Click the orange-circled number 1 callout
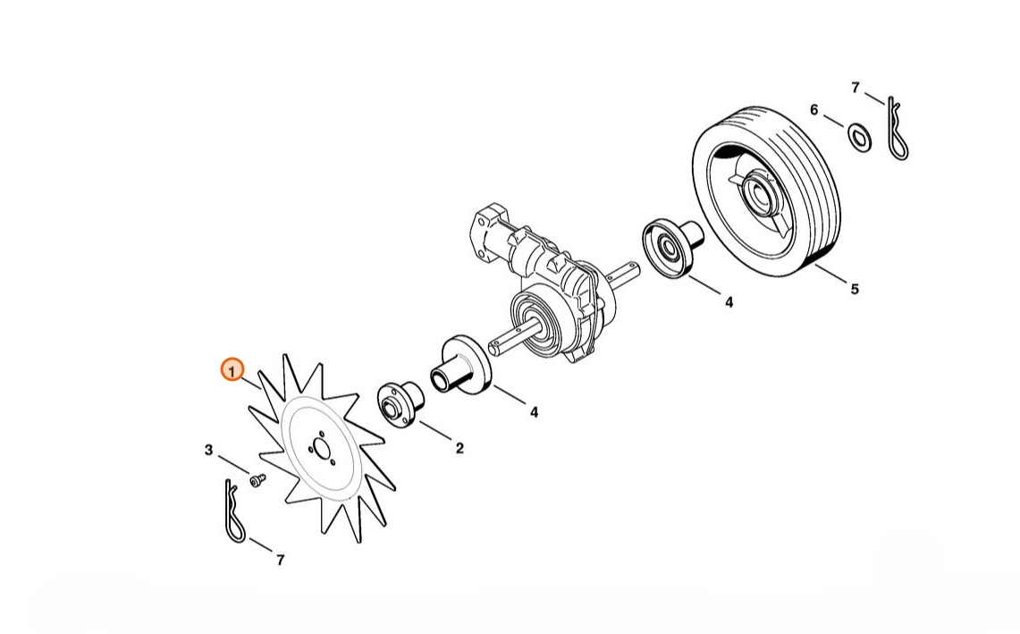click(232, 370)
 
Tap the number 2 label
click(459, 449)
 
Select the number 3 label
click(208, 450)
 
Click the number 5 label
click(855, 289)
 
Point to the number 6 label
click(813, 110)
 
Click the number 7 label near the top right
click(856, 87)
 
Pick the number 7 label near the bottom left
click(281, 560)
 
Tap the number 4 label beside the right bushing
click(729, 302)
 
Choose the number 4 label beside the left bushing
click(534, 412)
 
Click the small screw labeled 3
click(257, 480)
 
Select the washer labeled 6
click(860, 138)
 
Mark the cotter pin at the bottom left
click(233, 511)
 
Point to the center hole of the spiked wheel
click(321, 448)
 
